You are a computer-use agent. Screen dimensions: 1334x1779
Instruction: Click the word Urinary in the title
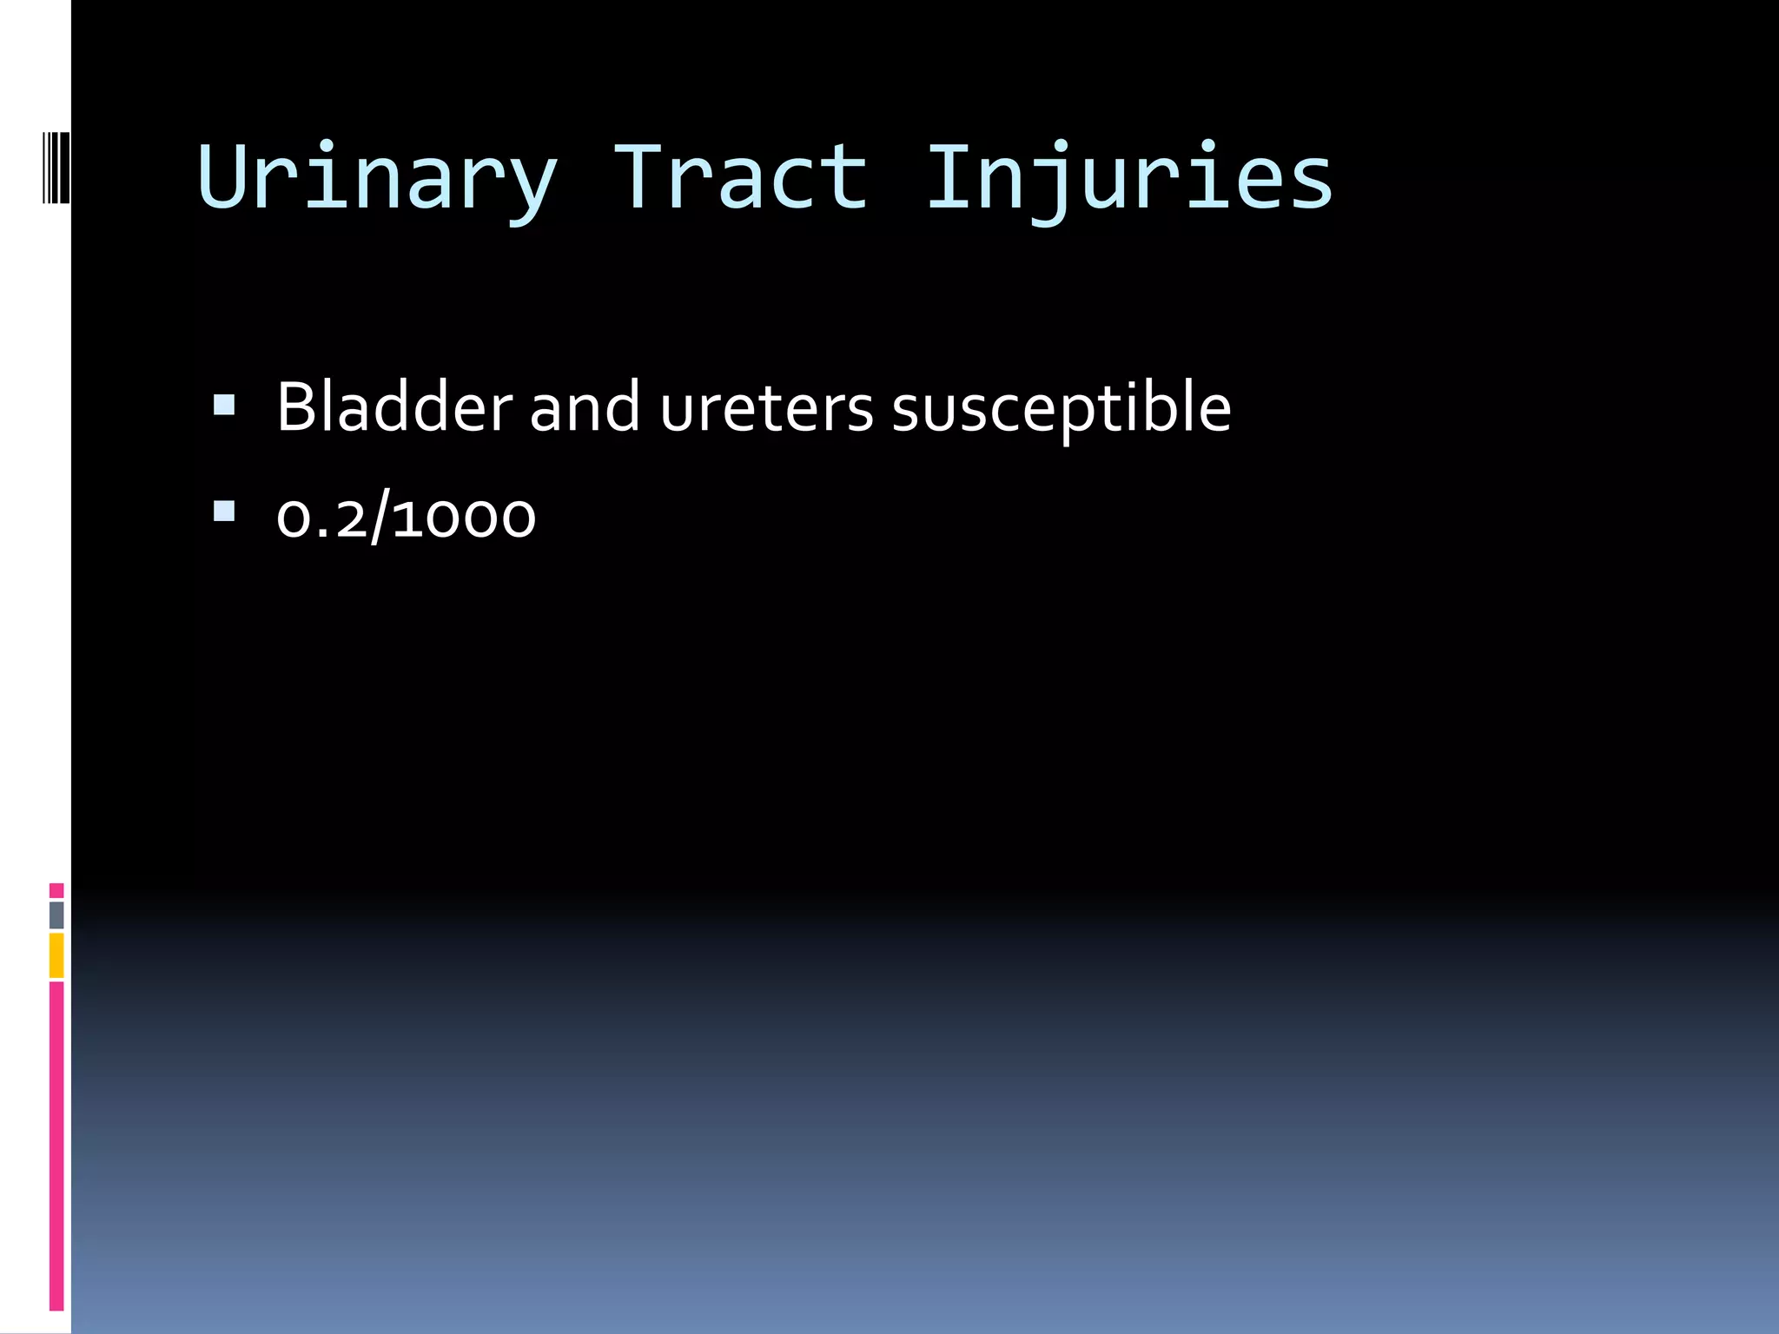tap(377, 178)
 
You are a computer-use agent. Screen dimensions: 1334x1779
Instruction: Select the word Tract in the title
tap(741, 178)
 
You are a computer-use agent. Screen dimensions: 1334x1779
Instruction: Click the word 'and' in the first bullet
tap(585, 408)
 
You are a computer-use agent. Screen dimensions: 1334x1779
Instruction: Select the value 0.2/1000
tap(406, 518)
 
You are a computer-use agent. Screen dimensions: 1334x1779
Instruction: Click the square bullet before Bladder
tap(224, 405)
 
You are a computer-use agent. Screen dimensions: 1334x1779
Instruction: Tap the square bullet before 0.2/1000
tap(224, 512)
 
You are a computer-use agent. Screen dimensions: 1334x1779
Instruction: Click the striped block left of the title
tap(56, 168)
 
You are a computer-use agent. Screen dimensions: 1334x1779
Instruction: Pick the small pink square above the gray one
tap(56, 890)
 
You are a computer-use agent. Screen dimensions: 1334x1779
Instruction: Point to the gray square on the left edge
tap(56, 915)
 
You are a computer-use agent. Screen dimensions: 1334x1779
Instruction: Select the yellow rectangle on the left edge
tap(56, 955)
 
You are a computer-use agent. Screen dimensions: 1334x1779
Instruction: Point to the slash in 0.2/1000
tap(379, 518)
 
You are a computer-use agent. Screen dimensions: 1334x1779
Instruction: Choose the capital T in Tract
tap(638, 175)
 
